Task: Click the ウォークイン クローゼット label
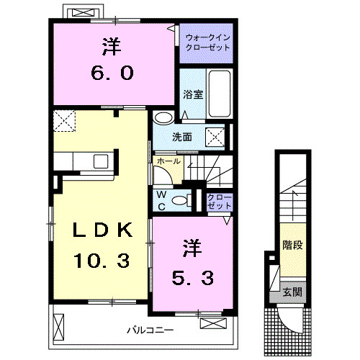pos(207,41)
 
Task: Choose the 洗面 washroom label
pos(181,136)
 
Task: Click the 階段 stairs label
pos(292,245)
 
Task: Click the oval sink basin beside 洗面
pos(163,118)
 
